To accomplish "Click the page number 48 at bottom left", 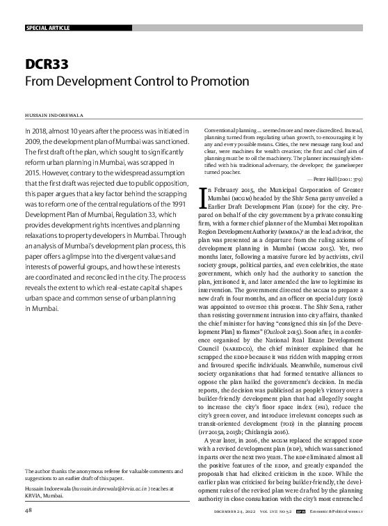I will [29, 511].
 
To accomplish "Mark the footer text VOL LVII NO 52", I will [280, 511].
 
